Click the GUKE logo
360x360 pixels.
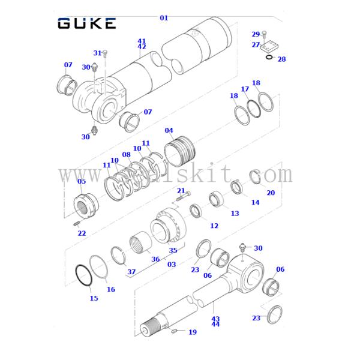pyautogui.click(x=87, y=23)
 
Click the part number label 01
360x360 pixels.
pyautogui.click(x=164, y=18)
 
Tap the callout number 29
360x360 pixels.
pyautogui.click(x=256, y=34)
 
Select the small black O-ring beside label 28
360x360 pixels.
pyautogui.click(x=269, y=58)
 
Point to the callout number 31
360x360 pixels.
pyautogui.click(x=97, y=53)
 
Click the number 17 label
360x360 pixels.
pyautogui.click(x=245, y=89)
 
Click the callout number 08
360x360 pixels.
pyautogui.click(x=126, y=155)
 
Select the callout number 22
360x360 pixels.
pyautogui.click(x=82, y=233)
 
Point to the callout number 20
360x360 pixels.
pyautogui.click(x=271, y=193)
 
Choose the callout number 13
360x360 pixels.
pyautogui.click(x=235, y=214)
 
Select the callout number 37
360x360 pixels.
pyautogui.click(x=131, y=272)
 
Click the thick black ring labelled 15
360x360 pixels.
pyautogui.click(x=83, y=277)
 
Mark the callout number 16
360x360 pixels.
pyautogui.click(x=110, y=289)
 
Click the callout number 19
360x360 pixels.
pyautogui.click(x=193, y=332)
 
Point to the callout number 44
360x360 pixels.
pyautogui.click(x=215, y=325)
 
